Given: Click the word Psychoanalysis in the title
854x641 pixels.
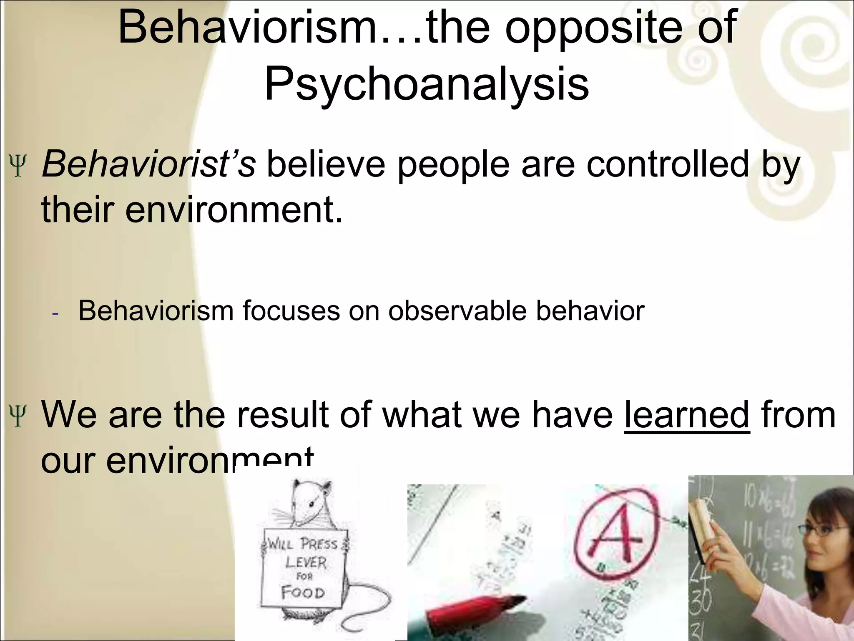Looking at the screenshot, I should tap(427, 83).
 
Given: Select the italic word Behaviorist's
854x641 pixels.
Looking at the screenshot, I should tap(148, 164).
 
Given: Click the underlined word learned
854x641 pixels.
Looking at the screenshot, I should tap(687, 414).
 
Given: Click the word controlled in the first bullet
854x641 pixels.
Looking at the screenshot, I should tap(668, 164).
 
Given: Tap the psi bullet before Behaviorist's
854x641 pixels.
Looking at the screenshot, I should tap(18, 166).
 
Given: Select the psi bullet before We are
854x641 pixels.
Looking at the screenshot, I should tap(18, 416).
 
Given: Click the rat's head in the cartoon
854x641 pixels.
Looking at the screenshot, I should tap(311, 503).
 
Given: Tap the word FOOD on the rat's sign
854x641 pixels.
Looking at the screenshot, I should tap(303, 593).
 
